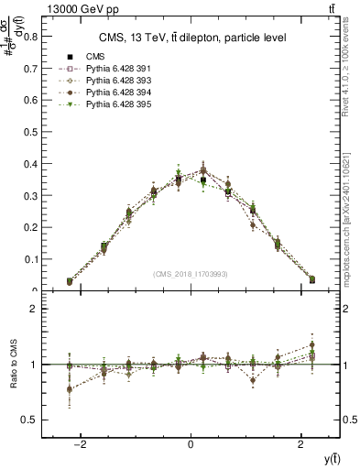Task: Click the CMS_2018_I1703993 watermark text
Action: click(191, 274)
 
